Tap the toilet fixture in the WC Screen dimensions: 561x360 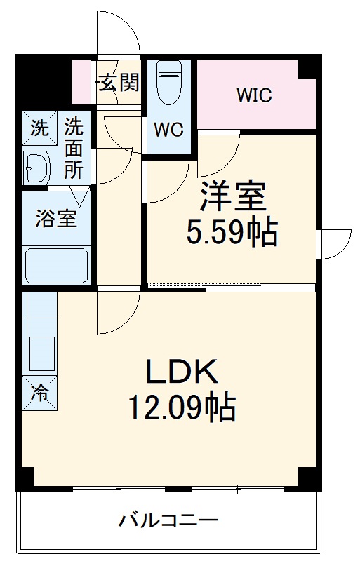point(169,83)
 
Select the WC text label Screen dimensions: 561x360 point(168,130)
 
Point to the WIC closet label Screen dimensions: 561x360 point(253,95)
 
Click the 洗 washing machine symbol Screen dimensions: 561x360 point(39,128)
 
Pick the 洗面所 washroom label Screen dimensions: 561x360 point(74,149)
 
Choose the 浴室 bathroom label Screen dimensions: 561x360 point(56,218)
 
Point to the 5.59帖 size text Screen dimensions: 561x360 point(232,232)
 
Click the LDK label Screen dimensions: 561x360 point(182,372)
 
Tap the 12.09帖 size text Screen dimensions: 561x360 point(181,407)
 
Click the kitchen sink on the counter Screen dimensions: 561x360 point(41,354)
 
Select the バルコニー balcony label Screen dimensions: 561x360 point(168,521)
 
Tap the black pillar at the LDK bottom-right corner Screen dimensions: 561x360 point(307,479)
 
